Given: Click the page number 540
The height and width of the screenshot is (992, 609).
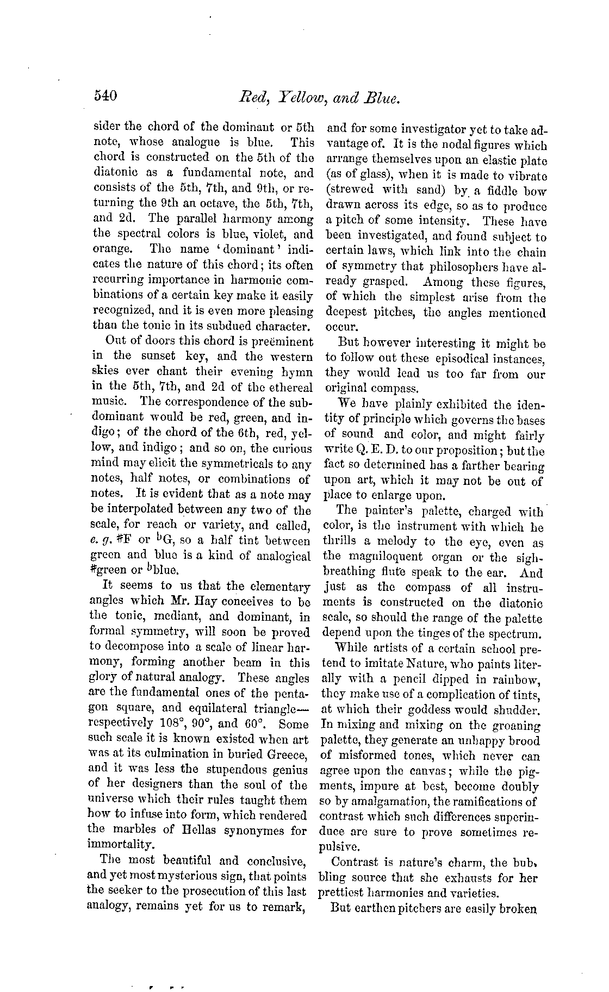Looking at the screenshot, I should pyautogui.click(x=105, y=97).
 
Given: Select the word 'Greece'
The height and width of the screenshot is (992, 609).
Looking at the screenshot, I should pyautogui.click(x=288, y=754).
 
